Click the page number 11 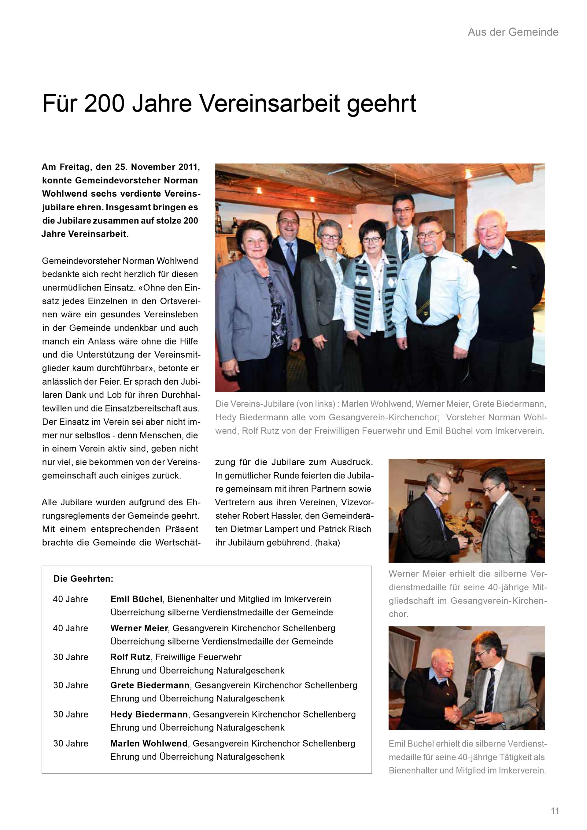coord(555,810)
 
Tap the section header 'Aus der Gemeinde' coord(513,32)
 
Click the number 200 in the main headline coord(105,103)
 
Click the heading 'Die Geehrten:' coord(83,579)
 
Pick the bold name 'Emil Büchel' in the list coord(136,599)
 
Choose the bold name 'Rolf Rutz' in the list coord(130,657)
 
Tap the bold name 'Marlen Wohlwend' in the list coord(149,743)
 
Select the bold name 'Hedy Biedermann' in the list coord(149,714)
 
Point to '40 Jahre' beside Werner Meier coord(71,628)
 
